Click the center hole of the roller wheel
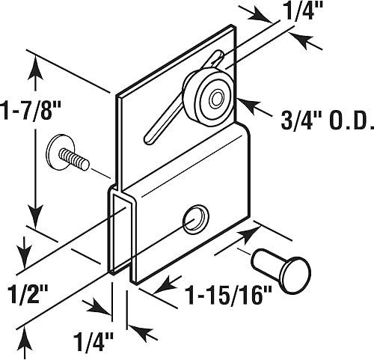coord(216,99)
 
